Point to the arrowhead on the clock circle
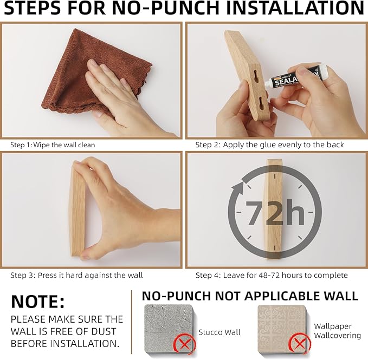[237, 187]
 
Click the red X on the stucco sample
[184, 344]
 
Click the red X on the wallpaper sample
[299, 344]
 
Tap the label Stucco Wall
[219, 332]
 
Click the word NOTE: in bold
[37, 302]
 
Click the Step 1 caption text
[53, 145]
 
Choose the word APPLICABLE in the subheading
[282, 296]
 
